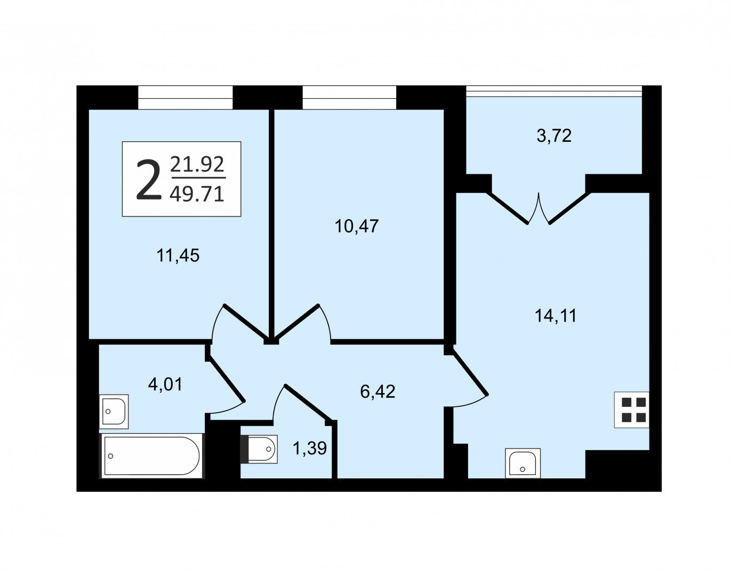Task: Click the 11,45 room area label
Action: tap(178, 255)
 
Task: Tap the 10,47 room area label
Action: tap(357, 226)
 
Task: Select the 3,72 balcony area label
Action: tap(554, 136)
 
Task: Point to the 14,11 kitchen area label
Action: tap(556, 316)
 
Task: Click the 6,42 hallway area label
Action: tap(377, 391)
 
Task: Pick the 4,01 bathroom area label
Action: tap(165, 385)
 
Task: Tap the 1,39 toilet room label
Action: tap(309, 448)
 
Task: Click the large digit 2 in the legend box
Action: tap(148, 179)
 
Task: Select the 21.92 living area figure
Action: tap(197, 164)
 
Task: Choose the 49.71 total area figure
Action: tap(197, 195)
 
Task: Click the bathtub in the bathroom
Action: tap(152, 455)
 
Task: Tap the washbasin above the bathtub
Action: tap(114, 412)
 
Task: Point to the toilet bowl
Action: tap(259, 449)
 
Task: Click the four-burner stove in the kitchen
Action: tap(631, 410)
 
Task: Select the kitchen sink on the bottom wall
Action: tap(523, 463)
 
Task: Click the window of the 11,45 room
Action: tap(185, 98)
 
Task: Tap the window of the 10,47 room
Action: tap(350, 98)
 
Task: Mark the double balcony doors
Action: tap(539, 208)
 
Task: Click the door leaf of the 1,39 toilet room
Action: tap(308, 403)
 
